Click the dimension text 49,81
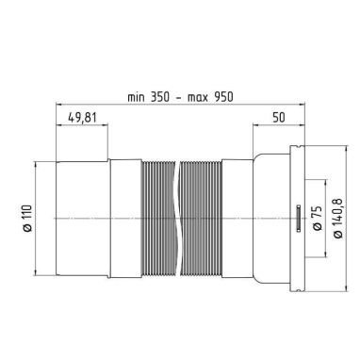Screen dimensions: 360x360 (82, 118)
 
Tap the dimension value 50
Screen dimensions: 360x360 (279, 118)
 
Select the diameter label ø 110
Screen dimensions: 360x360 (27, 218)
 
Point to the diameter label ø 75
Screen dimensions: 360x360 (318, 219)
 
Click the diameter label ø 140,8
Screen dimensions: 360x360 (338, 219)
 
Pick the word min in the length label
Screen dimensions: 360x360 (136, 97)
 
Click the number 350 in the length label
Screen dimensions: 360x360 (159, 97)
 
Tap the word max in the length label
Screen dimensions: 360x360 (198, 97)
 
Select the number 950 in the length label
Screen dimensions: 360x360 (223, 97)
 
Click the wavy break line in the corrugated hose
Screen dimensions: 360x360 (177, 219)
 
